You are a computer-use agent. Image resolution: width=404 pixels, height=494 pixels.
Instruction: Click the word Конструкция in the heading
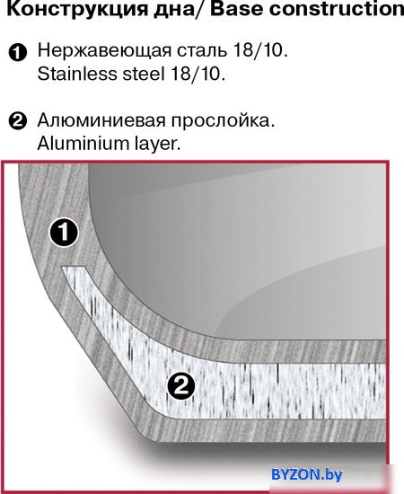77,10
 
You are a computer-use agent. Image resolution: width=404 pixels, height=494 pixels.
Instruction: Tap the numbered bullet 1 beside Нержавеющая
18,53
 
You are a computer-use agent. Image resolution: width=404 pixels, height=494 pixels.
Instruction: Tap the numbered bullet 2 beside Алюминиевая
18,121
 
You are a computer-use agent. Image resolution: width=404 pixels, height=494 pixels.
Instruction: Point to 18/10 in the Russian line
260,50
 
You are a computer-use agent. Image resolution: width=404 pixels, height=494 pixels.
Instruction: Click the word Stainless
77,74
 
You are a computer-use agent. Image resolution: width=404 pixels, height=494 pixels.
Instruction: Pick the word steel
144,74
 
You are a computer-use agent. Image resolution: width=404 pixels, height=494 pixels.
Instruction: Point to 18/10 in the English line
198,74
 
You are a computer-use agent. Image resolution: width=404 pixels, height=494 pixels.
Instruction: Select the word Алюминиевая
101,120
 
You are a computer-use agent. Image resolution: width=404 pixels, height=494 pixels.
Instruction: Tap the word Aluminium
83,144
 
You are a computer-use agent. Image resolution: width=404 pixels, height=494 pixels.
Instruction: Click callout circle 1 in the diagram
64,233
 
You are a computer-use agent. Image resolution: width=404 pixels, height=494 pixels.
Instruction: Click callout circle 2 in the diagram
181,385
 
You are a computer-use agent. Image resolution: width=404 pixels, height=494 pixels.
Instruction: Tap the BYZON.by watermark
307,474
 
